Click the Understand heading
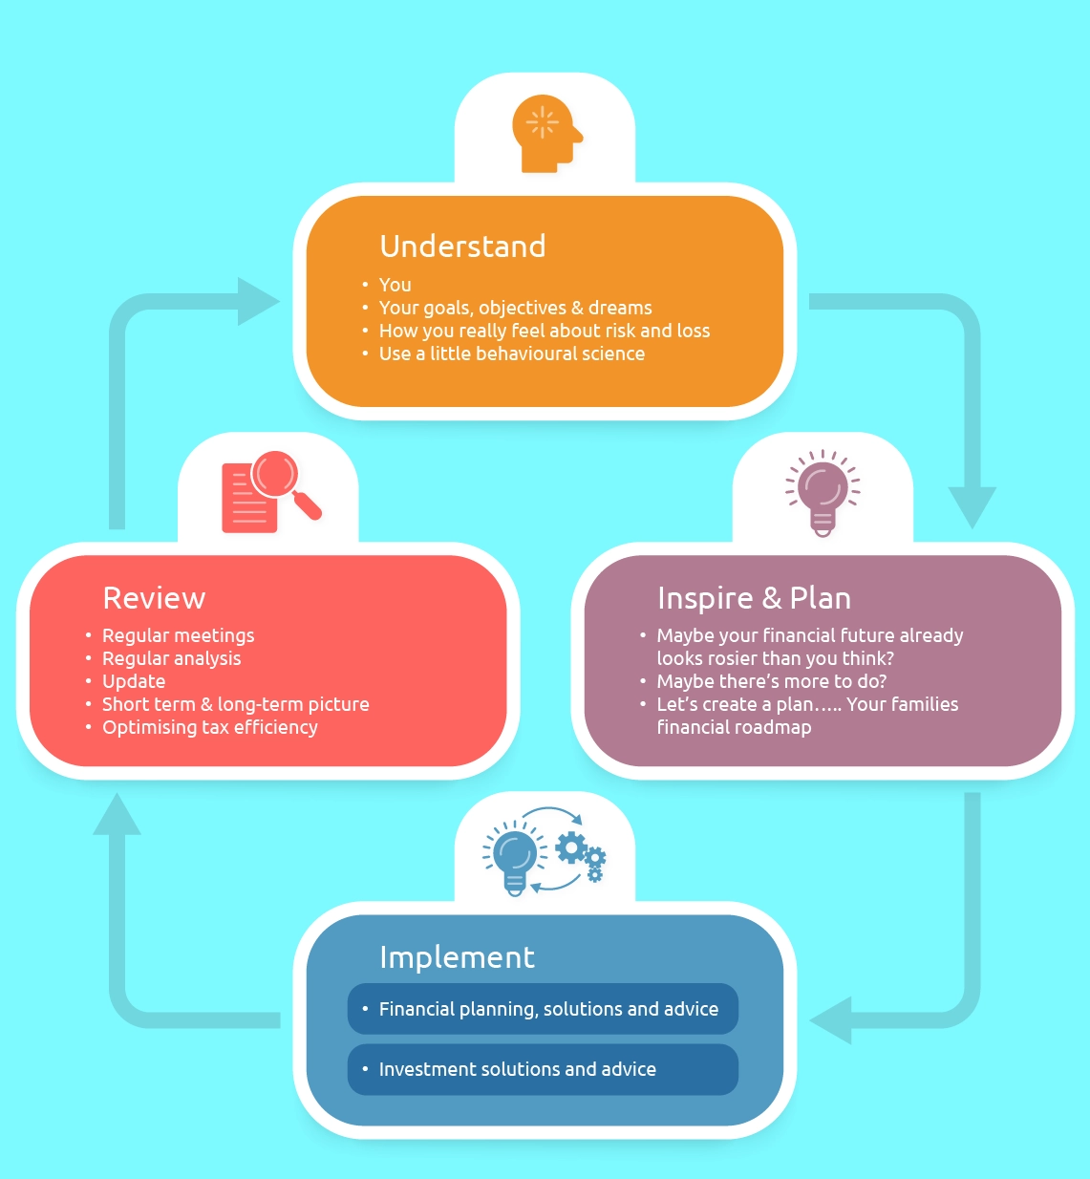click(462, 247)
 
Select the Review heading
click(154, 598)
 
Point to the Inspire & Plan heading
click(754, 598)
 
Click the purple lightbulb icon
click(822, 492)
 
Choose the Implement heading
click(457, 957)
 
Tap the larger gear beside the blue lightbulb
click(571, 847)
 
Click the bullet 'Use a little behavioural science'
click(511, 354)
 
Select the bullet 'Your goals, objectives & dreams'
click(515, 308)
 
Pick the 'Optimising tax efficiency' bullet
click(209, 727)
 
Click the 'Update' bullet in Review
click(134, 681)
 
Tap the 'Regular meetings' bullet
click(178, 635)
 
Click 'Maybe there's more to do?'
click(771, 681)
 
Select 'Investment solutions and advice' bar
click(543, 1069)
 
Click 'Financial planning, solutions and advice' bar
click(543, 1009)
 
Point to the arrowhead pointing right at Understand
click(256, 302)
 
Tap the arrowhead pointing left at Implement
click(832, 1019)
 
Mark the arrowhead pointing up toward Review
click(117, 815)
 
